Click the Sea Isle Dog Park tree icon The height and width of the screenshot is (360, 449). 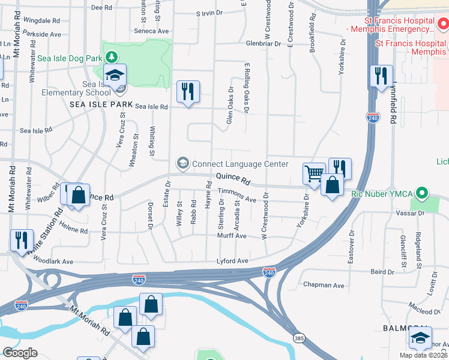coord(110,57)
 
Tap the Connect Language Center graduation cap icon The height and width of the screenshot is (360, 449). coord(182,163)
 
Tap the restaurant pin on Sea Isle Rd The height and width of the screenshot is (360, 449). coord(188,92)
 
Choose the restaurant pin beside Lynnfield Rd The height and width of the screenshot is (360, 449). coord(381,77)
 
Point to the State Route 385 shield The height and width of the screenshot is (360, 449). coord(298,338)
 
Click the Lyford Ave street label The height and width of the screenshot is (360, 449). coord(232,261)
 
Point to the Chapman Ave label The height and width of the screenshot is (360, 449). coord(324,285)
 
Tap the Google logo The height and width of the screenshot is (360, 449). coord(20,352)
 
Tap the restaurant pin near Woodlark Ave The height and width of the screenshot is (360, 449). coord(22,241)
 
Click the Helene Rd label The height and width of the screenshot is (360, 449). coord(73,230)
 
